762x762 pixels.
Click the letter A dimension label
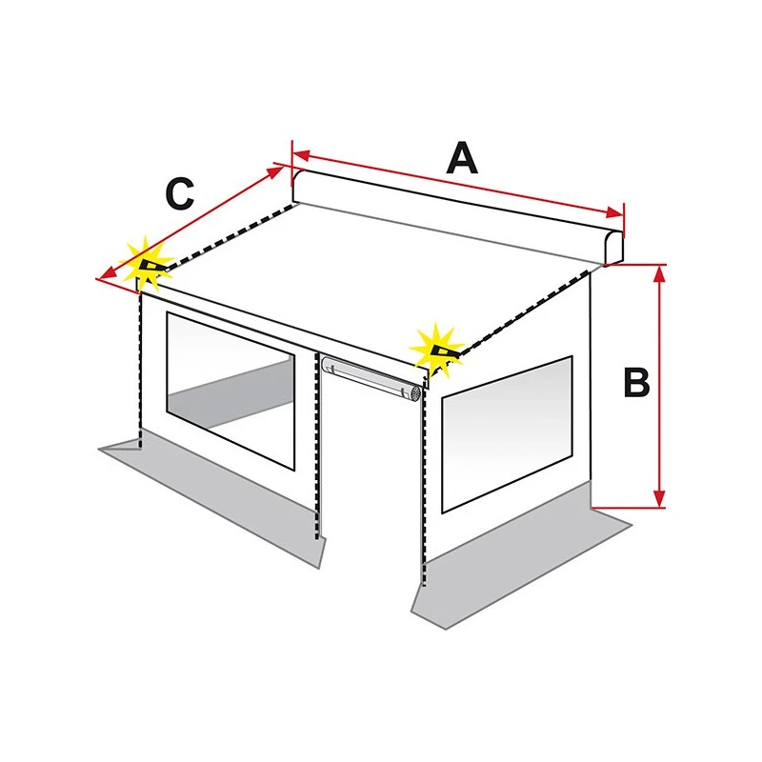[462, 158]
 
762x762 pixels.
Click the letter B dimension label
[636, 382]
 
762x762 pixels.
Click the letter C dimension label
[180, 194]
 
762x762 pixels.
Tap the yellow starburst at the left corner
[148, 265]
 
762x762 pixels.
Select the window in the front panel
[231, 391]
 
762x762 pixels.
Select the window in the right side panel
[507, 434]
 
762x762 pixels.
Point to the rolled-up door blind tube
[371, 377]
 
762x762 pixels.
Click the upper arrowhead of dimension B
[659, 274]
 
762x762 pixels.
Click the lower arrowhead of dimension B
[659, 498]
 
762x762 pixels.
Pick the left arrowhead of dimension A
[301, 155]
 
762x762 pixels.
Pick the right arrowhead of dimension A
[613, 212]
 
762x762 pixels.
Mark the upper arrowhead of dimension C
[276, 171]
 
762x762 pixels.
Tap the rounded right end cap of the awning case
[613, 249]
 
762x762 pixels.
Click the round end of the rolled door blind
[414, 393]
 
